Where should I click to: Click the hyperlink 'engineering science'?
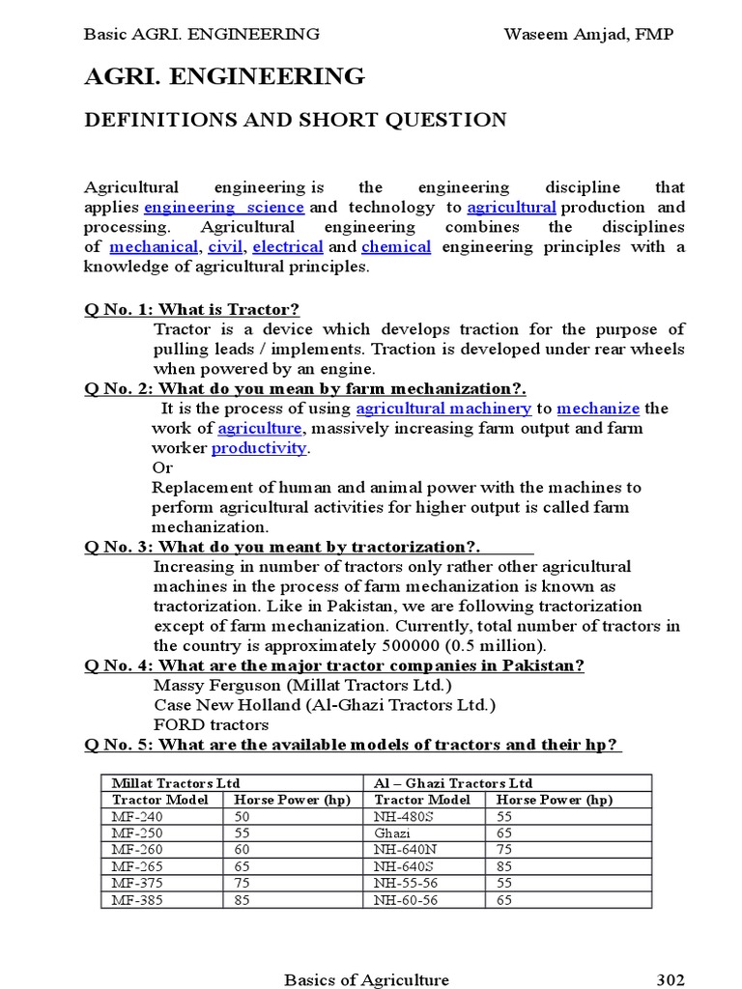[x=224, y=208]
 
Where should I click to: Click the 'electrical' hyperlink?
[x=287, y=247]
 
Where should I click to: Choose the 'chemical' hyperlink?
[x=396, y=247]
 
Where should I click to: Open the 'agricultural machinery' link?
[x=443, y=409]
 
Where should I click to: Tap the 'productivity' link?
[x=259, y=448]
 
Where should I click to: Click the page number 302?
[x=671, y=979]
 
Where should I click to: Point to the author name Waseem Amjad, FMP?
[x=588, y=35]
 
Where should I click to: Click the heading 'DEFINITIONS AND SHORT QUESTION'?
[x=296, y=120]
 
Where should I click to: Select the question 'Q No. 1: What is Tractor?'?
[x=191, y=309]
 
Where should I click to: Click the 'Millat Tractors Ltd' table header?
[x=176, y=782]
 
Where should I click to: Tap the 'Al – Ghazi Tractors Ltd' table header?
[x=452, y=782]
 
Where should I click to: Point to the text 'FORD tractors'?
[x=211, y=724]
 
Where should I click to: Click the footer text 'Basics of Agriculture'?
[x=366, y=979]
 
